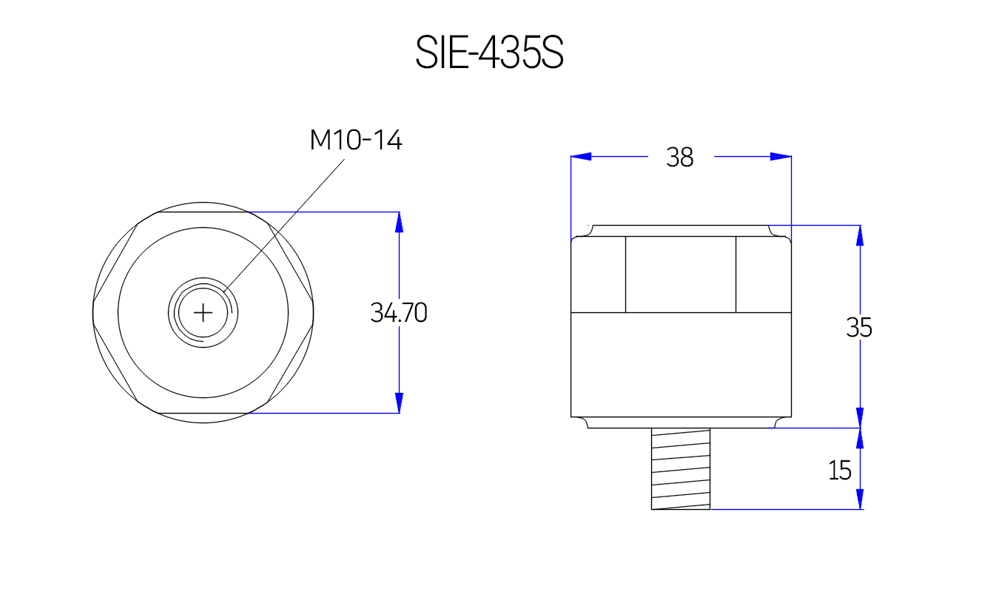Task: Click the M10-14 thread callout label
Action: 356,140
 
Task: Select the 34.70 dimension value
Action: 399,313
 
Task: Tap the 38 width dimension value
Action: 679,157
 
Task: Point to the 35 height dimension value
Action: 859,327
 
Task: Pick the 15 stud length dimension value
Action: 840,470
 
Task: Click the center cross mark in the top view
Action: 203,313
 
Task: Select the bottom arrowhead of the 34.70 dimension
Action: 399,403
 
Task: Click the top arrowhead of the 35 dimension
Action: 860,235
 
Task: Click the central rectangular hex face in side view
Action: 681,275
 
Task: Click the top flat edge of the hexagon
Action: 203,212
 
